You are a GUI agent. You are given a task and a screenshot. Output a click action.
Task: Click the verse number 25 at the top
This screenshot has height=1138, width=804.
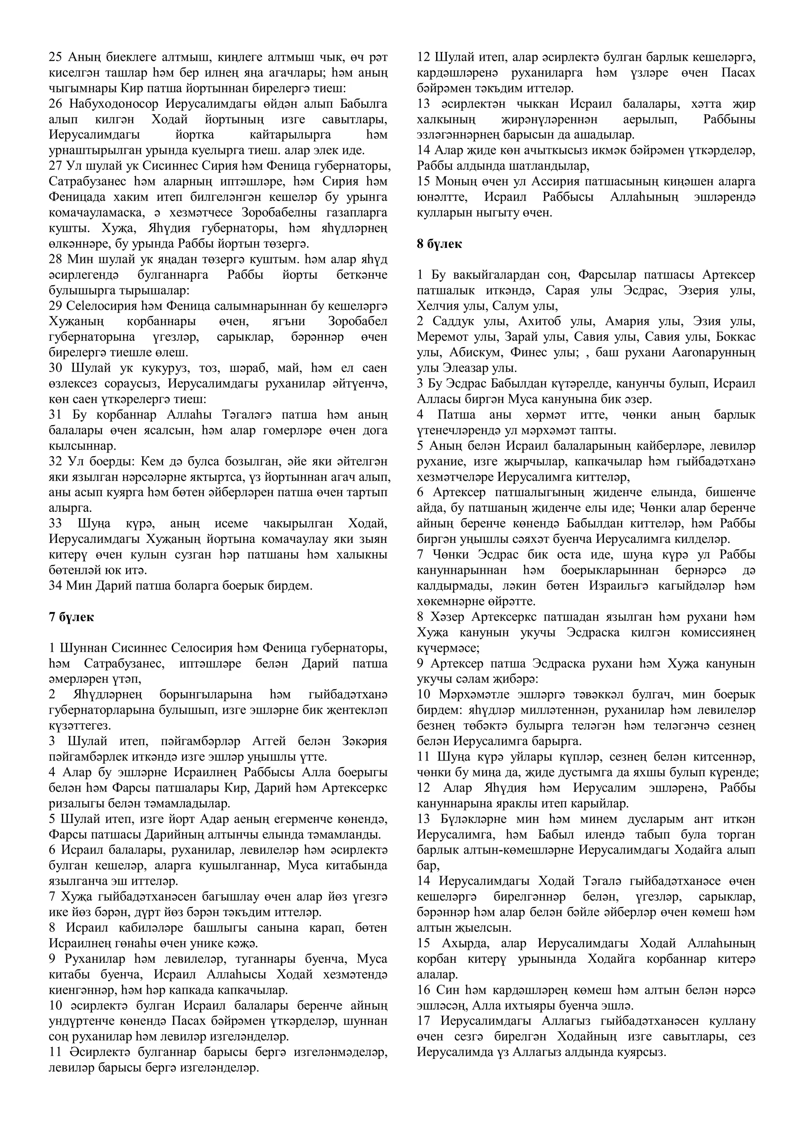tap(55, 57)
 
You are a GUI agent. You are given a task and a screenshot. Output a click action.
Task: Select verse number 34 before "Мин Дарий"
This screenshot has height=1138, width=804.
tap(55, 585)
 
